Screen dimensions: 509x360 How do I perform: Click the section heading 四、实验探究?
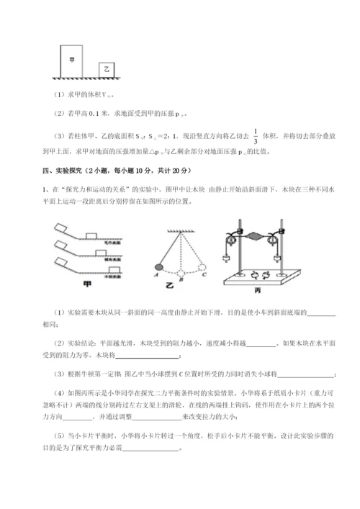pos(63,170)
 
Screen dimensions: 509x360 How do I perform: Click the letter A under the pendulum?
pos(156,274)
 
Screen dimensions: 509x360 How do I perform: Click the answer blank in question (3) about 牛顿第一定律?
pos(305,373)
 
